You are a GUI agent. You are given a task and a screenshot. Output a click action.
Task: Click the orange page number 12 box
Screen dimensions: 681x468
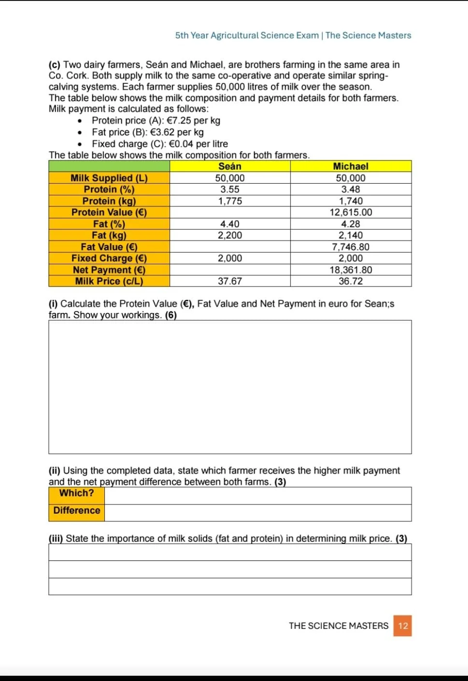[403, 626]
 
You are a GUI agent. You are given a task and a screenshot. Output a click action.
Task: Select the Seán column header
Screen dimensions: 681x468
[230, 166]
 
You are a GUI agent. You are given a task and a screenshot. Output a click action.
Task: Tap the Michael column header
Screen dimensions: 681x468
[351, 166]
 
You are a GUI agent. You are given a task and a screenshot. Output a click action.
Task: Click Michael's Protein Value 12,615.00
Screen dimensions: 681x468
[351, 212]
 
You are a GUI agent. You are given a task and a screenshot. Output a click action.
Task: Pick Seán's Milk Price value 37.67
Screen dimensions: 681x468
[230, 281]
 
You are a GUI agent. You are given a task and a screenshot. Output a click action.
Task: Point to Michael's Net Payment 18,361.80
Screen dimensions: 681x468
[351, 270]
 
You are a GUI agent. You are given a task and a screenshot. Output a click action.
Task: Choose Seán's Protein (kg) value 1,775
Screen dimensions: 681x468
[230, 201]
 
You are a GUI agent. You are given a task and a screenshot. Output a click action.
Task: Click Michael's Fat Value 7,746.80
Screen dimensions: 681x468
[351, 247]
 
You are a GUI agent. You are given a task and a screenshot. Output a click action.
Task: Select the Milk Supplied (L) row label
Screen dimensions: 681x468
[109, 178]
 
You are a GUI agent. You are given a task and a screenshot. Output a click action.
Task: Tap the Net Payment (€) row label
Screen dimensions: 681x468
[109, 270]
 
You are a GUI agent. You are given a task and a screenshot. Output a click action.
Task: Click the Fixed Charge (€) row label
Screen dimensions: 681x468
[109, 259]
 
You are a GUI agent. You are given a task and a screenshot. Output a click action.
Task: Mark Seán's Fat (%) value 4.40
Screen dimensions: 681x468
[230, 224]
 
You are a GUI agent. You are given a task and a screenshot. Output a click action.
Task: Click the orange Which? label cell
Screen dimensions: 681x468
[76, 493]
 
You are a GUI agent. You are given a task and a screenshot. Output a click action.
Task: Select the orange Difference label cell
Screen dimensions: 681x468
[76, 511]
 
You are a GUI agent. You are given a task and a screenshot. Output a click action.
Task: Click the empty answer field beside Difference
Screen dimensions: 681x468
[258, 513]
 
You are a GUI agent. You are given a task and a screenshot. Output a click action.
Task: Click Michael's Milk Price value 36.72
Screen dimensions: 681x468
[351, 281]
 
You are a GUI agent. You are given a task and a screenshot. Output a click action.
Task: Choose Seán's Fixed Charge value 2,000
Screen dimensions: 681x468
[230, 259]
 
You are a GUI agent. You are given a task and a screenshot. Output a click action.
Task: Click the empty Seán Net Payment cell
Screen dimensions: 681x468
[230, 270]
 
